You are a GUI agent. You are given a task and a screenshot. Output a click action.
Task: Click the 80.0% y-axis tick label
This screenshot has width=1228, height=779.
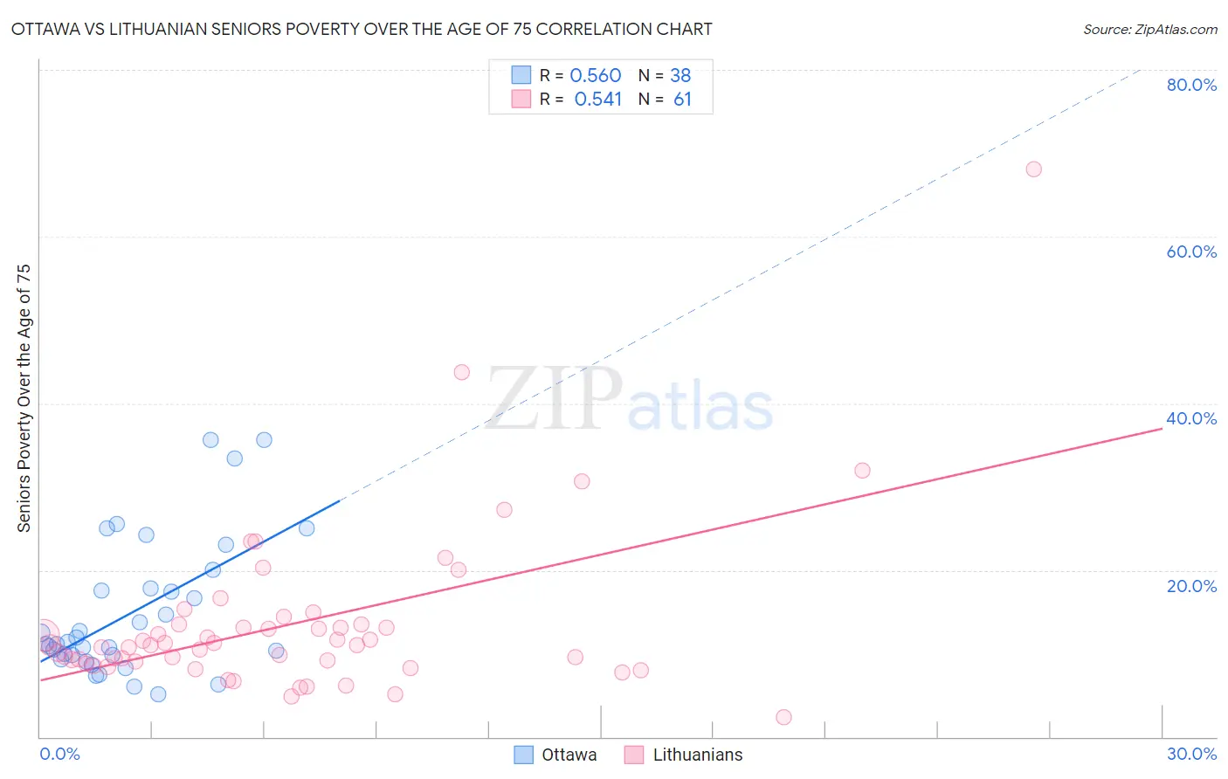click(1191, 85)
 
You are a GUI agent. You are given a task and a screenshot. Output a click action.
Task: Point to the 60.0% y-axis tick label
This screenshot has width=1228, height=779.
click(1191, 252)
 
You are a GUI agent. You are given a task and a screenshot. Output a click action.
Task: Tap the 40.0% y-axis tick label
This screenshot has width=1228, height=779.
click(1191, 418)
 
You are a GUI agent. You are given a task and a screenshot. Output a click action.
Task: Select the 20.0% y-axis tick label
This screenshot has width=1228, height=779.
click(1191, 586)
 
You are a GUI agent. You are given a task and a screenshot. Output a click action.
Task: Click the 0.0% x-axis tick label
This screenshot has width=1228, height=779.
click(59, 754)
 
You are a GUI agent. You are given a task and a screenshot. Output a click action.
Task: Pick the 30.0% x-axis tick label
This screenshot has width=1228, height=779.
click(1191, 754)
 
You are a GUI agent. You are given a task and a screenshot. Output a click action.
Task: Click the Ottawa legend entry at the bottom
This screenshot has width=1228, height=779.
click(568, 755)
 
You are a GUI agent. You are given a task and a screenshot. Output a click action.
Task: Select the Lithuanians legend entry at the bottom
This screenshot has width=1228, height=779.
click(696, 755)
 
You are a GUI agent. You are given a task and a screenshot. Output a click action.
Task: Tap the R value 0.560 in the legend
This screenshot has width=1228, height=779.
click(595, 76)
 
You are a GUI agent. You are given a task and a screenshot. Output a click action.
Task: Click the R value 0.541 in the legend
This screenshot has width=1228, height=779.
click(597, 100)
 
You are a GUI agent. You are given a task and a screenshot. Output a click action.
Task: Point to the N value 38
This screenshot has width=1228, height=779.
click(680, 76)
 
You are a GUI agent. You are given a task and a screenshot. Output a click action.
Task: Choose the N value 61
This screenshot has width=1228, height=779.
click(682, 100)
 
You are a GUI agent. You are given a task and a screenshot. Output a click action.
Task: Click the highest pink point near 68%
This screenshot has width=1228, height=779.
click(1033, 169)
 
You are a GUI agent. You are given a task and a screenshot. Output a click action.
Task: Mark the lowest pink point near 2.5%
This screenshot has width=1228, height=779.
click(783, 717)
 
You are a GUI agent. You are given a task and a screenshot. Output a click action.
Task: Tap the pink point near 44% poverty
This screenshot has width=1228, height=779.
click(461, 372)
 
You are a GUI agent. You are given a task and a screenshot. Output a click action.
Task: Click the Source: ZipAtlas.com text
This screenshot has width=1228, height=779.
click(1149, 30)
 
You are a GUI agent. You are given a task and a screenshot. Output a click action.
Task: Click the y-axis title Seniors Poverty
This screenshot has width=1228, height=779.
click(24, 397)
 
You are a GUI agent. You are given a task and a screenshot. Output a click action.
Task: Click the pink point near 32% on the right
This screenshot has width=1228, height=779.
click(862, 471)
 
